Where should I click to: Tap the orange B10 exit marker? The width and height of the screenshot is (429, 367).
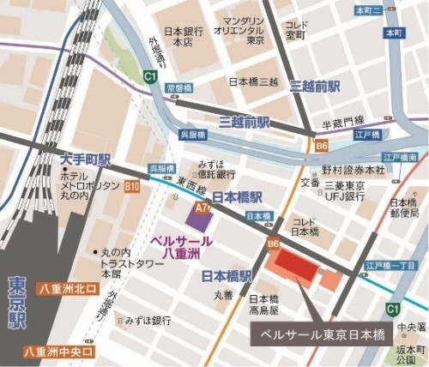[x=132, y=185]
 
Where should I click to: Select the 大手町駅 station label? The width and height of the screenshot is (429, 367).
[x=86, y=160]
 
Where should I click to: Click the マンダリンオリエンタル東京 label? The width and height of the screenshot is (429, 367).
[x=245, y=29]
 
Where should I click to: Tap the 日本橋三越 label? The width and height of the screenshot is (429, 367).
[x=255, y=82]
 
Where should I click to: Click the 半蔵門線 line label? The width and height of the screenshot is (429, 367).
[x=342, y=122]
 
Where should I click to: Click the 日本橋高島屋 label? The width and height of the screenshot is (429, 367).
[x=263, y=304]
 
